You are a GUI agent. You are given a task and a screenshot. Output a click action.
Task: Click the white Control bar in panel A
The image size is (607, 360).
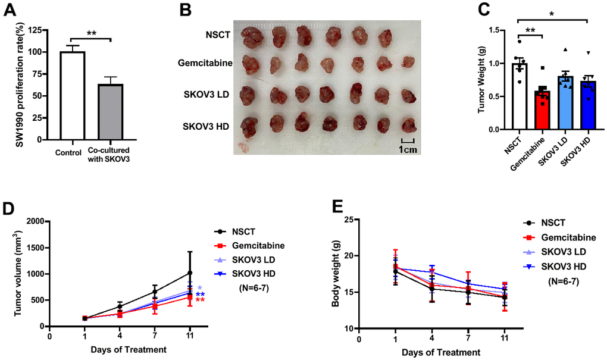pyautogui.click(x=77, y=95)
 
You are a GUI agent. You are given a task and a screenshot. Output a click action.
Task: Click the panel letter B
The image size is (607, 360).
pyautogui.click(x=185, y=10)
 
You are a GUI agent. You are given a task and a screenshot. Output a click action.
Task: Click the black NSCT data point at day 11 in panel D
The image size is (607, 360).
pyautogui.click(x=190, y=273)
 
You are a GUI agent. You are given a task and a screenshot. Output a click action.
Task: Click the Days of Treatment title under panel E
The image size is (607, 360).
pyautogui.click(x=441, y=352)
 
